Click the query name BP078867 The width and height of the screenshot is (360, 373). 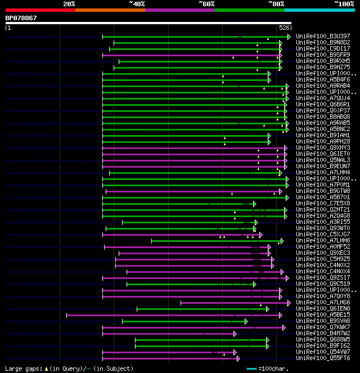pos(21,18)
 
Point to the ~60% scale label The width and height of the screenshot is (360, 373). pos(206,4)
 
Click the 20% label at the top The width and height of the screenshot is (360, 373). pos(69,4)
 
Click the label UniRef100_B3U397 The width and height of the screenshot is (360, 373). pos(323,36)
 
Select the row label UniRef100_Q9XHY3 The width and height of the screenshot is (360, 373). pos(323,147)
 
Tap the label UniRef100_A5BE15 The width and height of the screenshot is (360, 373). pos(323,314)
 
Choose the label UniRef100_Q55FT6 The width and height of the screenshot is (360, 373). pos(323,358)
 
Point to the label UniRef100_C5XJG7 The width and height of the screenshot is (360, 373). pos(323,234)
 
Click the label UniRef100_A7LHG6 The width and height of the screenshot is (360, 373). pos(323,302)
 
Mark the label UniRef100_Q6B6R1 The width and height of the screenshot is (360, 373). pos(323,104)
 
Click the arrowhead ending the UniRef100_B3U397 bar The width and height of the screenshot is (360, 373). pos(289,36)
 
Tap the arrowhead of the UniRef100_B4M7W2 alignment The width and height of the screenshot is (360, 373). pos(235,333)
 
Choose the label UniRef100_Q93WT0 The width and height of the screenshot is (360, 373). pos(323,228)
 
